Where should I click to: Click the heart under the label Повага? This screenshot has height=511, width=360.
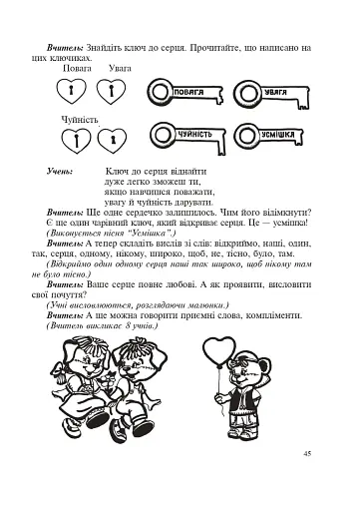click(71, 94)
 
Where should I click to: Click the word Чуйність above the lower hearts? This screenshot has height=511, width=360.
click(78, 118)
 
